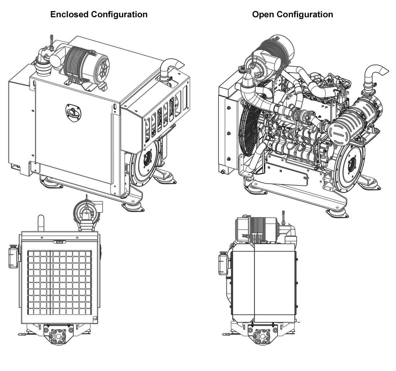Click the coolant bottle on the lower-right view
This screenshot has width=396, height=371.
coord(224,264)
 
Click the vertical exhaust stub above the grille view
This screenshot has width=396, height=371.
coord(41,223)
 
